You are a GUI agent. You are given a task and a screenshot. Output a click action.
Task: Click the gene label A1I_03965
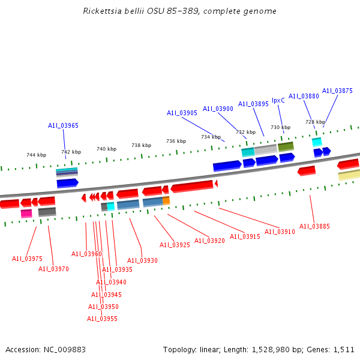[63, 125]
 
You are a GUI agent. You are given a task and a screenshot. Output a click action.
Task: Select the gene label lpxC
[278, 100]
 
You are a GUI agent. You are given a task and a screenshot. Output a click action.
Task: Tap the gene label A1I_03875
[337, 91]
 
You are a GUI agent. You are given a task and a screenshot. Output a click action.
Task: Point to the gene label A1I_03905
[182, 113]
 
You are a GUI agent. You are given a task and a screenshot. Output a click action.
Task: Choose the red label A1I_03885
[314, 226]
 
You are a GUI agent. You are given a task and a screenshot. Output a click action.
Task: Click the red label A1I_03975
[27, 259]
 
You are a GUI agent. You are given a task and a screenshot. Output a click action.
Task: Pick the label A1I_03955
[102, 319]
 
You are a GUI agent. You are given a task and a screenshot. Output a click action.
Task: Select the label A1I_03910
[280, 232]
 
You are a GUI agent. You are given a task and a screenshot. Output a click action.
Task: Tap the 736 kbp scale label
[176, 141]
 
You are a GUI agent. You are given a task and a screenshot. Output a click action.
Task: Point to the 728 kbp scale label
[315, 122]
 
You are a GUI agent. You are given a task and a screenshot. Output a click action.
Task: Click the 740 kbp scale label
[106, 149]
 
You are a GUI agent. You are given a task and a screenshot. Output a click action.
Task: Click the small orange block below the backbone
[166, 200]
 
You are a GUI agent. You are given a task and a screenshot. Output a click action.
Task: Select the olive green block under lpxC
[286, 146]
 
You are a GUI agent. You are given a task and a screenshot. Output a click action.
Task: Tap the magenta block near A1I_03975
[26, 213]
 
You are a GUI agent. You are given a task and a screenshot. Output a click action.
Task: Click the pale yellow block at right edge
[349, 175]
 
